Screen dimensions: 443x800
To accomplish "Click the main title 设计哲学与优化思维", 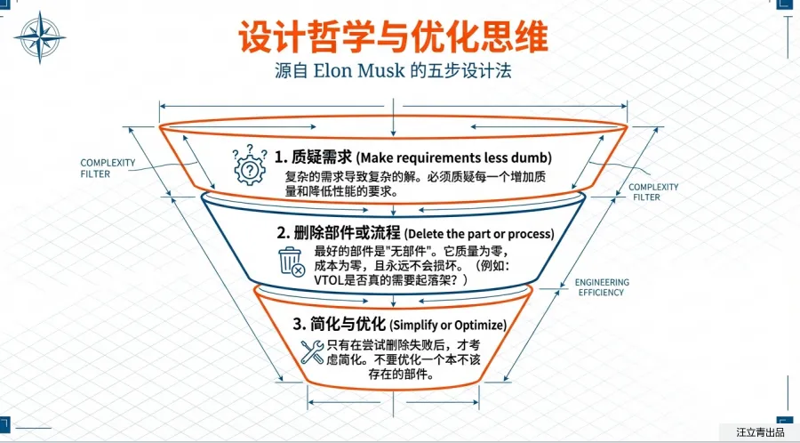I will coord(393,36).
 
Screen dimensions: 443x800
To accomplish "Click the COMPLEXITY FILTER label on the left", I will coord(108,168).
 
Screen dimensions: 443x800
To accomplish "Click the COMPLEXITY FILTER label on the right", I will coord(652,192).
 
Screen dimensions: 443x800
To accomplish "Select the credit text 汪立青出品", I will coord(760,432).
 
